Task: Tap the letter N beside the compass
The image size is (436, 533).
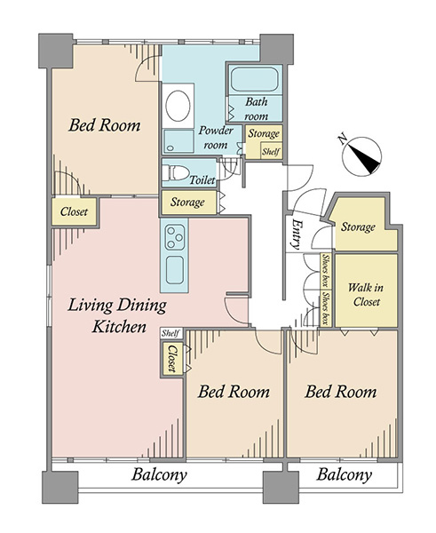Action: tap(343, 139)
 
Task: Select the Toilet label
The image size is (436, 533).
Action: tap(202, 179)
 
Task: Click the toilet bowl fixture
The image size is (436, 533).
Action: tap(175, 172)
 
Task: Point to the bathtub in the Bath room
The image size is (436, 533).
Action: tap(255, 79)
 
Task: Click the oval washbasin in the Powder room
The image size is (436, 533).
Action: tap(178, 106)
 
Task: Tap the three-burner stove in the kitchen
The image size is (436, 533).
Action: tap(175, 237)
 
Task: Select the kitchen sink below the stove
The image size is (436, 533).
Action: tap(175, 270)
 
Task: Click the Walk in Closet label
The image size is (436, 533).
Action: tap(366, 295)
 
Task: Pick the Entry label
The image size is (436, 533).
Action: tap(296, 235)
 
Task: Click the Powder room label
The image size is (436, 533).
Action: tap(216, 138)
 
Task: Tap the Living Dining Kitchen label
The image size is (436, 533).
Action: tap(117, 315)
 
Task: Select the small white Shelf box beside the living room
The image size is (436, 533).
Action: tap(170, 333)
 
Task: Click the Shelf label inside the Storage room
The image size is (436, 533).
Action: tap(271, 152)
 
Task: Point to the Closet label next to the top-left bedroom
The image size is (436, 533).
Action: tap(74, 211)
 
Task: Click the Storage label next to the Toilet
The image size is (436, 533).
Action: tap(187, 202)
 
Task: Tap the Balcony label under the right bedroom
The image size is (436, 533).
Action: tap(345, 475)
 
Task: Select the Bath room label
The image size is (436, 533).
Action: tap(257, 108)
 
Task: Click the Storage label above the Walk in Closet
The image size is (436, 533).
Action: tap(358, 227)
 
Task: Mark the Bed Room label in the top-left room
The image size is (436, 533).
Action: tap(104, 125)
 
